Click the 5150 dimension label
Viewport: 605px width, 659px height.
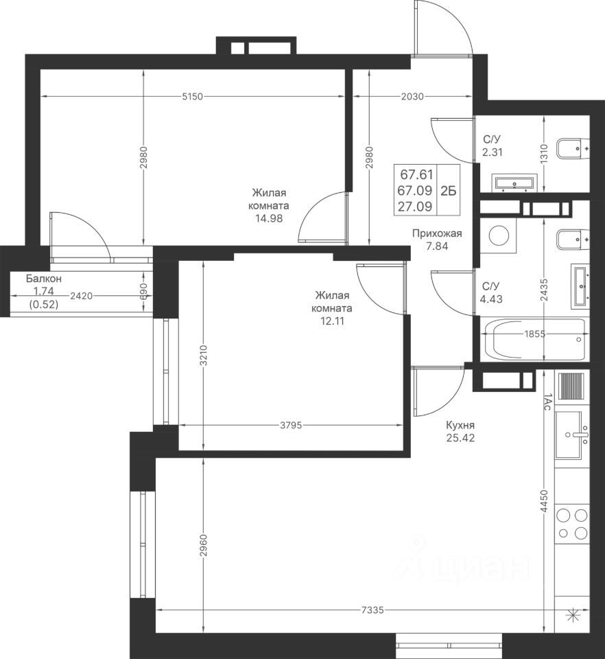point(192,97)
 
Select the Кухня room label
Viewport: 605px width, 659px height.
point(460,426)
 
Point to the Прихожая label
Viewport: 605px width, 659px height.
point(437,233)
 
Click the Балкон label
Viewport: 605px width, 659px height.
point(44,278)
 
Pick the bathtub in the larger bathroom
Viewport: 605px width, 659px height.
point(534,340)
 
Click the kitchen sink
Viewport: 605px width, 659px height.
point(572,435)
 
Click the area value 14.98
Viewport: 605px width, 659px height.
point(269,218)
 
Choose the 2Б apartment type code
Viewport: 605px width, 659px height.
point(448,191)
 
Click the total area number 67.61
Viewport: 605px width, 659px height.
point(416,174)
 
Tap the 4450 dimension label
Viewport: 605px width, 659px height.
point(545,501)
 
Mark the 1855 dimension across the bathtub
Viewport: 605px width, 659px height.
point(534,334)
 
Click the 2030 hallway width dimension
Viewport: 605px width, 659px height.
point(412,97)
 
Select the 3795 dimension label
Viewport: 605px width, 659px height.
point(291,426)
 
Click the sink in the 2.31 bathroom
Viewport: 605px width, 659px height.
point(514,183)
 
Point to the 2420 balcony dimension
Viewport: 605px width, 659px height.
point(82,296)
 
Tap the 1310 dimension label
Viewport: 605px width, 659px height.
point(544,154)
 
